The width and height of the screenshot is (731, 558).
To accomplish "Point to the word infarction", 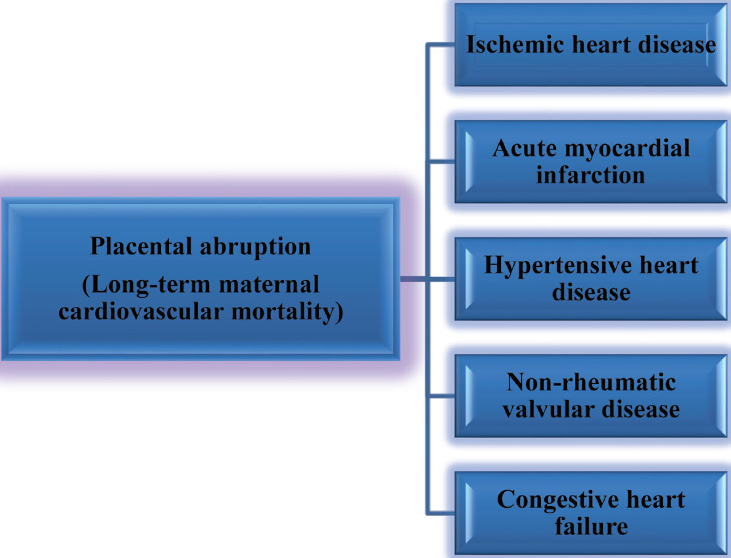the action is coord(591,175).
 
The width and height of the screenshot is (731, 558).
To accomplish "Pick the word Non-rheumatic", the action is coord(591,383).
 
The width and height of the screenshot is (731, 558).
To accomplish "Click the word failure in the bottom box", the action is coord(591,526).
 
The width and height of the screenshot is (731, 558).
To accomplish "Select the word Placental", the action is coord(140,246).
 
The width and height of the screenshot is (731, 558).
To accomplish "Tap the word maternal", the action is coord(269,285).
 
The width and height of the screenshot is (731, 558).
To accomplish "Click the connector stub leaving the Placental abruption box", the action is coord(413,279).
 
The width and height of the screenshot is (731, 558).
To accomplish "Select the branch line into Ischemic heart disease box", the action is coord(440,45).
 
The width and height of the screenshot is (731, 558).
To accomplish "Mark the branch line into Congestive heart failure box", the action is coord(440,513).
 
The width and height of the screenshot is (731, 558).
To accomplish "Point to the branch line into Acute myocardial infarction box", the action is coord(440,162).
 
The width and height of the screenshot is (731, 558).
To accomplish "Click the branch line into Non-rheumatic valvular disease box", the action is coord(440,396).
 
